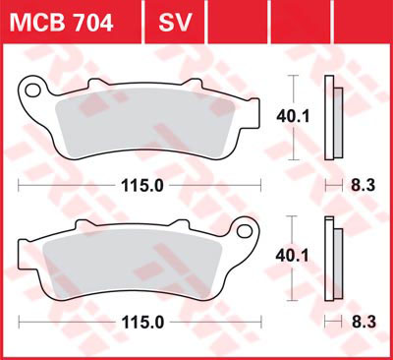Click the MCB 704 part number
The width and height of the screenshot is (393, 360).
point(62,23)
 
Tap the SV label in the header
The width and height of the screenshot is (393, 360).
point(175,23)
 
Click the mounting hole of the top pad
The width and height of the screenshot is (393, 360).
point(33,90)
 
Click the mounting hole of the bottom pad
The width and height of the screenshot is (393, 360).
point(245,231)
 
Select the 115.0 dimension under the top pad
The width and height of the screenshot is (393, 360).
point(142,186)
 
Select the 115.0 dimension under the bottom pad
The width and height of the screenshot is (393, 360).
point(142,323)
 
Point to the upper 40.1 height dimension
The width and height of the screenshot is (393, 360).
point(293,117)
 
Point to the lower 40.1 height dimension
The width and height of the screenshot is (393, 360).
point(292,256)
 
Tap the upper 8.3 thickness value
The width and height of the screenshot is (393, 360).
point(364,186)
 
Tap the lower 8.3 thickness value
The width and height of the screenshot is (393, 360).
point(364,323)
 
